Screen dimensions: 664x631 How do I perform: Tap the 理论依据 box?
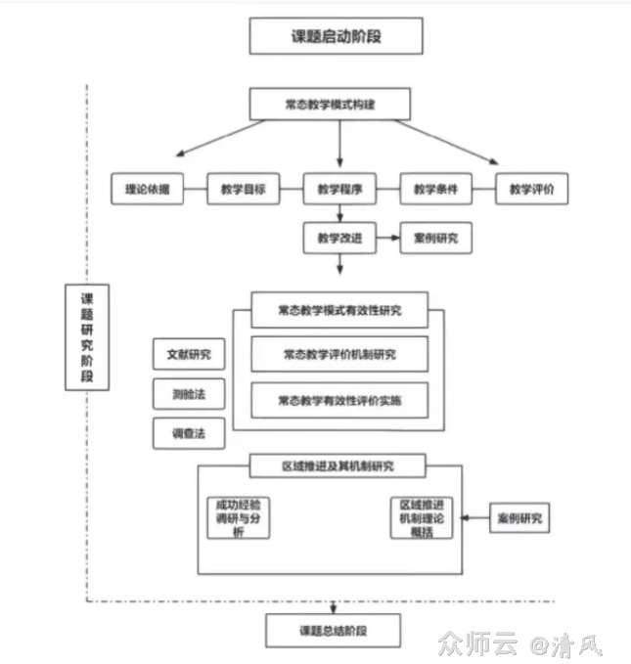point(147,190)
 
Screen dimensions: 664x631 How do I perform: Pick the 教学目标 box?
point(244,190)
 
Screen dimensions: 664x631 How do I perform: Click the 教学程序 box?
point(339,190)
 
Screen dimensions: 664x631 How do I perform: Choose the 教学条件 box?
point(436,190)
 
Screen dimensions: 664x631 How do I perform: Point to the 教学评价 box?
point(531,190)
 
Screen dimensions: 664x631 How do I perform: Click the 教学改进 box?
point(339,238)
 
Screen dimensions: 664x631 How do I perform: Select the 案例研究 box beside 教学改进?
point(435,238)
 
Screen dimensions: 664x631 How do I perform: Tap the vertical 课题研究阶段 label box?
point(87,336)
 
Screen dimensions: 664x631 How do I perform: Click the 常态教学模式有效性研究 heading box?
point(339,311)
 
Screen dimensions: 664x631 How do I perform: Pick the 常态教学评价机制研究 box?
point(339,354)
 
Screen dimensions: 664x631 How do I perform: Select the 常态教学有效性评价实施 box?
point(339,399)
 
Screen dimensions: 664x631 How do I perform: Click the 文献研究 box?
point(189,354)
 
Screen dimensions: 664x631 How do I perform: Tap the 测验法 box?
point(189,394)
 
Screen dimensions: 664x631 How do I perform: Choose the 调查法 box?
point(189,432)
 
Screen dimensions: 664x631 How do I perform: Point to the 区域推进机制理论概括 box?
point(421,518)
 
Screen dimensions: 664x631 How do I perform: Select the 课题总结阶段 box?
point(333,630)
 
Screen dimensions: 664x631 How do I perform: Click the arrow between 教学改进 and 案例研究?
point(387,238)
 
